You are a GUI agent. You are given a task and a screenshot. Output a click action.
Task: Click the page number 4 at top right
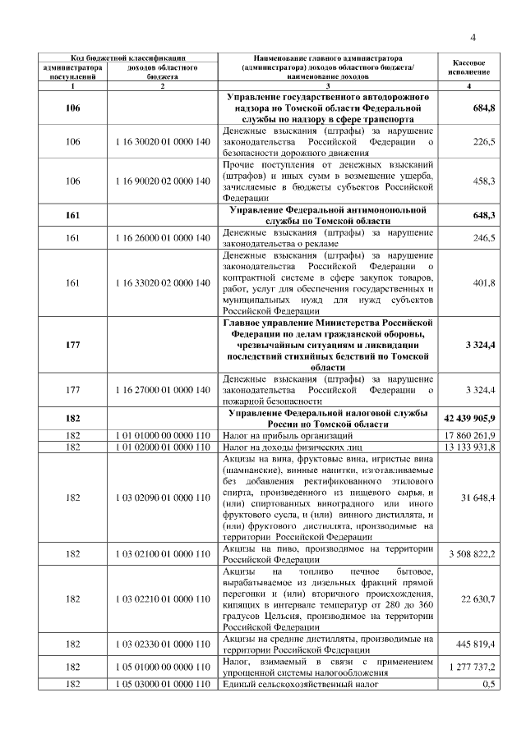473,35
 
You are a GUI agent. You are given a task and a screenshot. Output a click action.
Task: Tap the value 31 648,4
478,498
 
